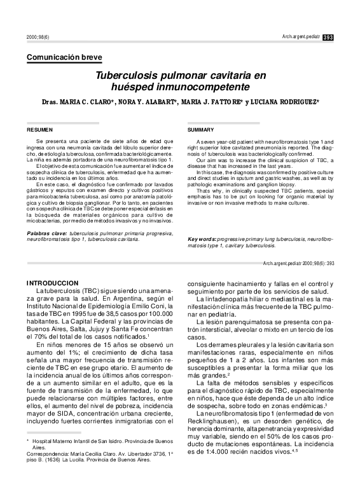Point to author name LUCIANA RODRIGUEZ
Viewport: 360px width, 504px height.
click(284, 103)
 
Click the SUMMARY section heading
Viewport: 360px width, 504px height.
click(201, 129)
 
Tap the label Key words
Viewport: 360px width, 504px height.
click(202, 239)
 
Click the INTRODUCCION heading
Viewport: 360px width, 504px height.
click(52, 282)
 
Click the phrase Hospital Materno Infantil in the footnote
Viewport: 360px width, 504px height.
click(63, 440)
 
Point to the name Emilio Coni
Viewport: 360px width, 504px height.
click(154, 306)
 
